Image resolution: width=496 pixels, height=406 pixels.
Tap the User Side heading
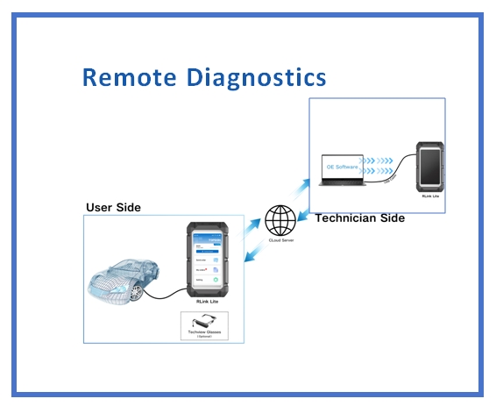point(113,207)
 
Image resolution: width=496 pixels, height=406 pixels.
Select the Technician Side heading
point(359,218)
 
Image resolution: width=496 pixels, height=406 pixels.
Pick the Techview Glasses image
point(203,322)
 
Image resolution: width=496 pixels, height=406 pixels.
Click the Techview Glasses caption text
point(204,332)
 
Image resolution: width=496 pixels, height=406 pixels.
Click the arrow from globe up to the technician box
point(299,187)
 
